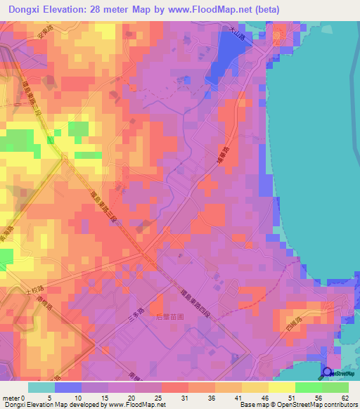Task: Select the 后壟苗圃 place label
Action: coord(169,316)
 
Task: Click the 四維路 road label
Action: coord(297,324)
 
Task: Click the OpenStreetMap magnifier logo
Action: coord(326,373)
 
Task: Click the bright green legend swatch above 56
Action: coord(308,387)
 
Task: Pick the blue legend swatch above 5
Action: coord(67,387)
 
